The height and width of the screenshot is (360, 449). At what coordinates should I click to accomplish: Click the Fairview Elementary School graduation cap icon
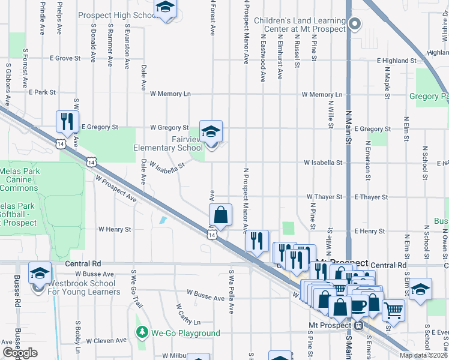(x=211, y=131)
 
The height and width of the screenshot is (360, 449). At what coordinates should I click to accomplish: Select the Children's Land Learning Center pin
(x=355, y=25)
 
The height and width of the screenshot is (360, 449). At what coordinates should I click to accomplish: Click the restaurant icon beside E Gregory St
(x=67, y=121)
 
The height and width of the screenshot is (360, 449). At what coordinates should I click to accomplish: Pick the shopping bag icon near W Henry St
(x=221, y=214)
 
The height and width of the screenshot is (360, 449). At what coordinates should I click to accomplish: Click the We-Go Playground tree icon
(x=142, y=332)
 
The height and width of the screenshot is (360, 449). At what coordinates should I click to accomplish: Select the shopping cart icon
(x=393, y=310)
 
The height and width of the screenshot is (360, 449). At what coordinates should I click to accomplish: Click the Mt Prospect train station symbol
(x=359, y=326)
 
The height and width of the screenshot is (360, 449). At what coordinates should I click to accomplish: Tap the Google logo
(x=20, y=353)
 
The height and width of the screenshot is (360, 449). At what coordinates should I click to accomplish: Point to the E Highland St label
(x=396, y=61)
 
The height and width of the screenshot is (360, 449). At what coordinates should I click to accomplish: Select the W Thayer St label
(x=324, y=197)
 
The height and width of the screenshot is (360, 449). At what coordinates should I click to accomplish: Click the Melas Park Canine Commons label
(x=19, y=179)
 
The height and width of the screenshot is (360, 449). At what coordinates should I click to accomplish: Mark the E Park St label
(x=42, y=92)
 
